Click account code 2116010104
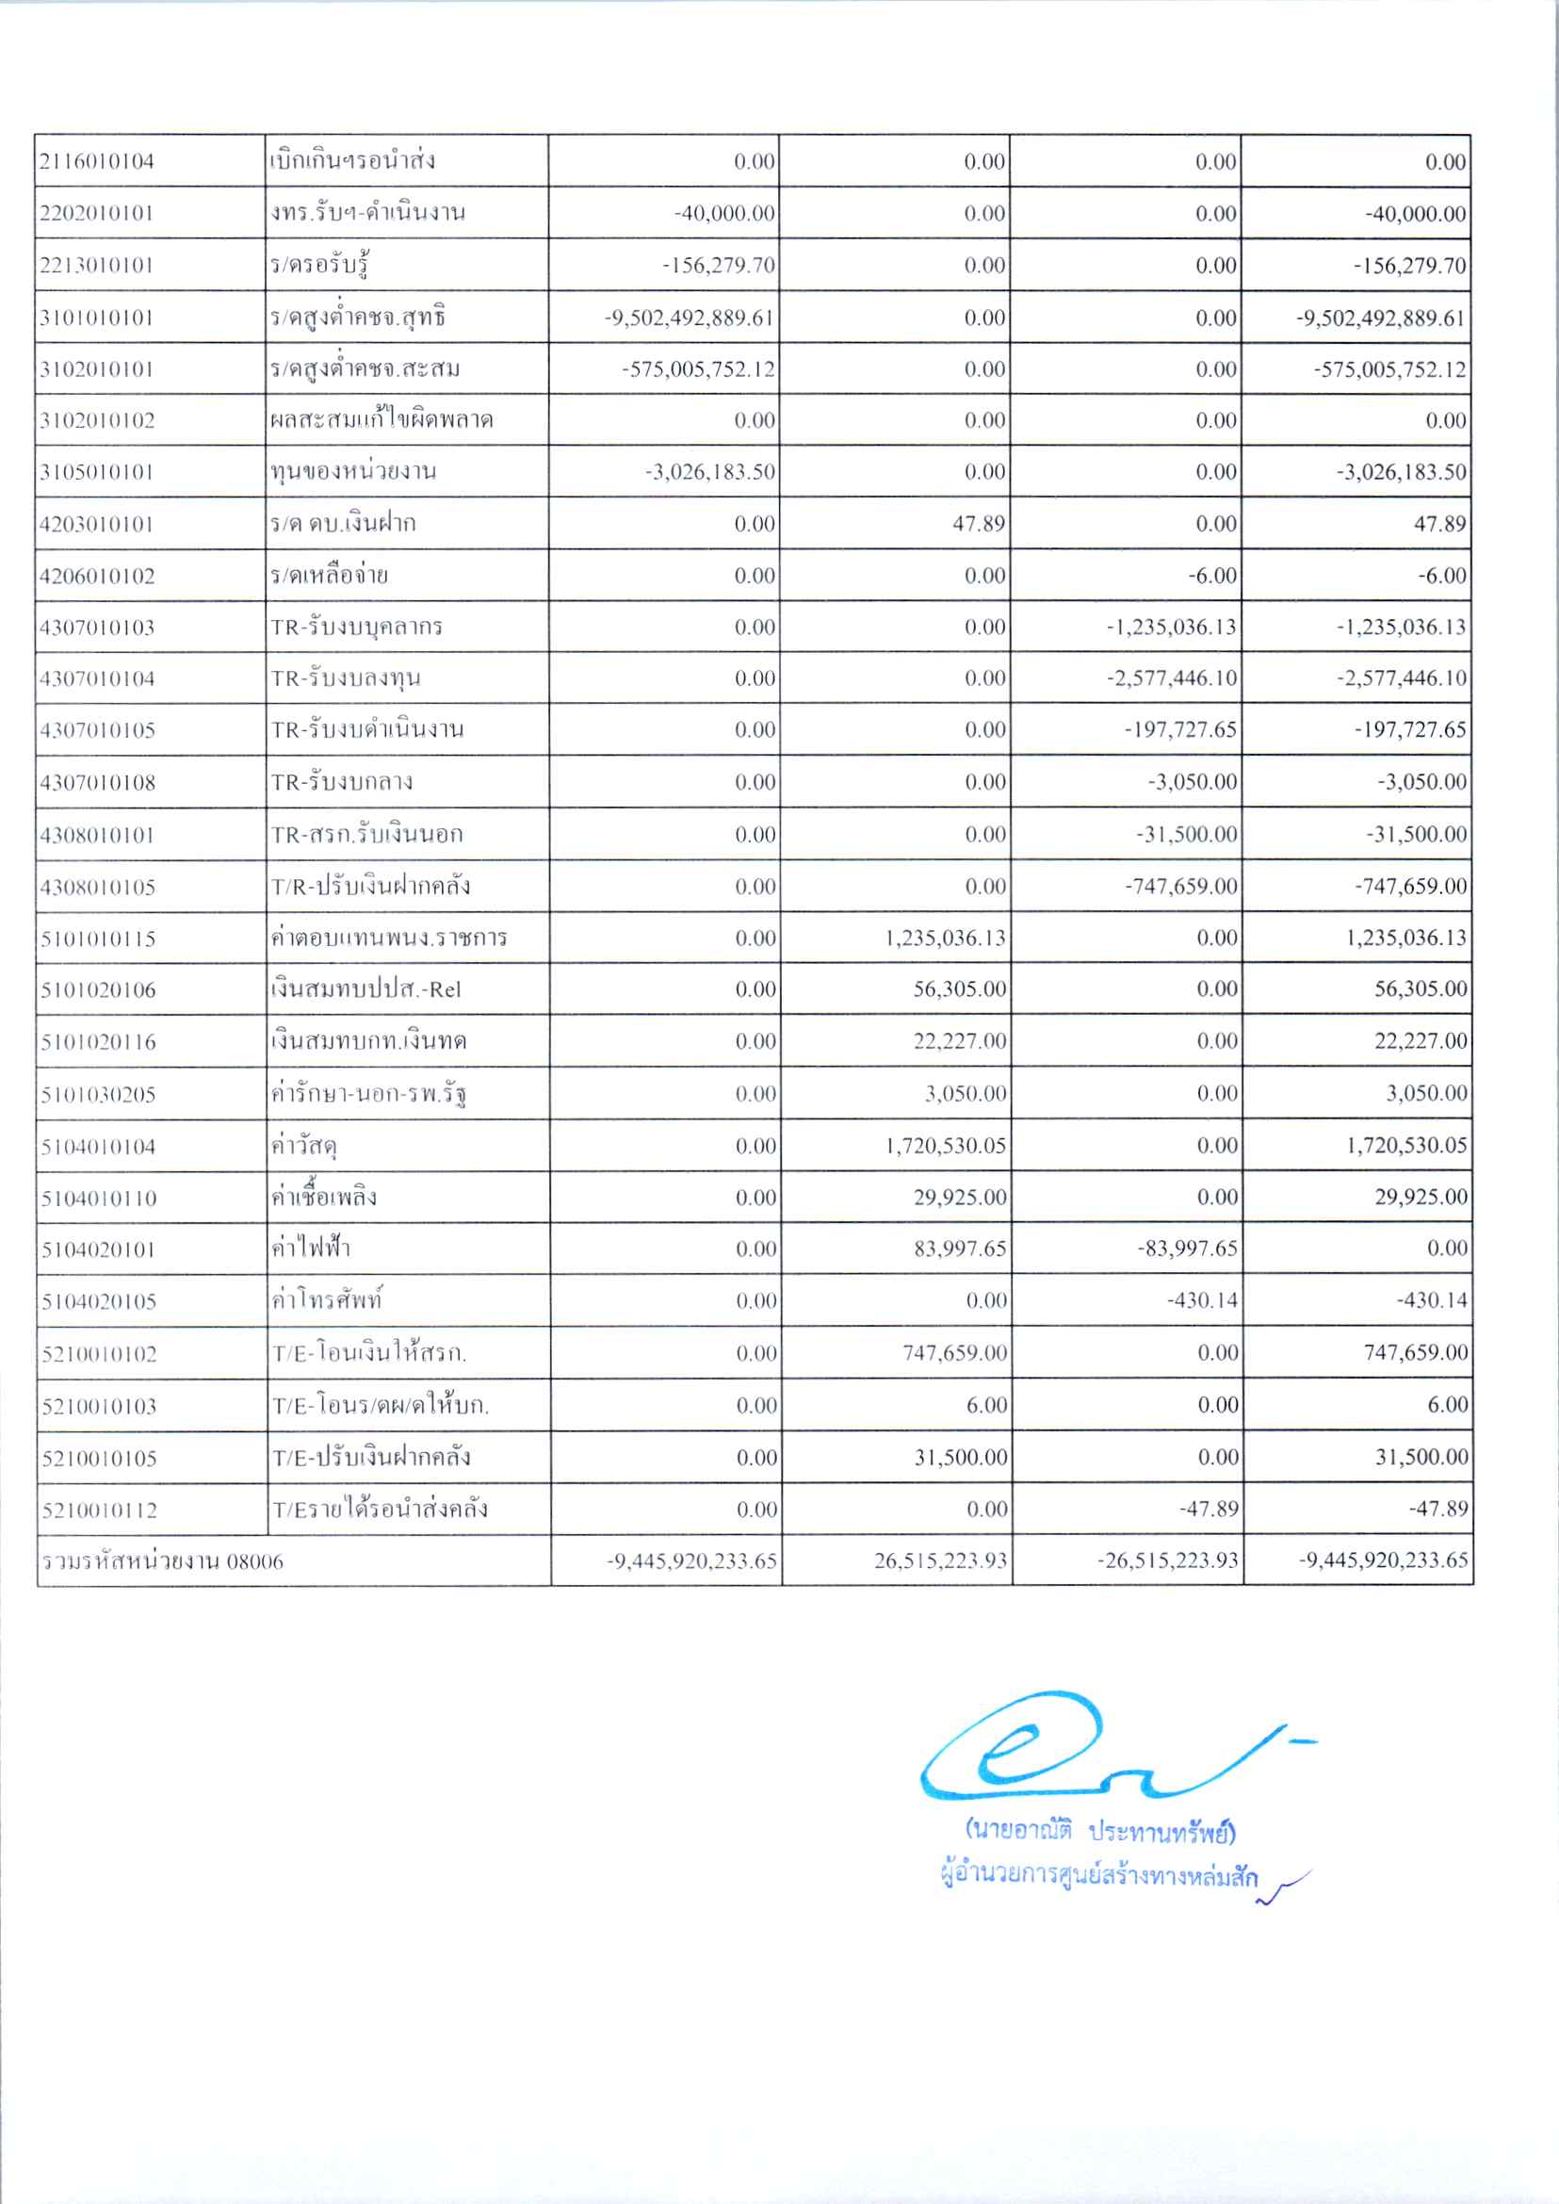tap(97, 161)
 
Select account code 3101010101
tap(97, 318)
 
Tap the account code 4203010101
tap(97, 524)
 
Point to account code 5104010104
tap(98, 1147)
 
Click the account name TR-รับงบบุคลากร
tap(356, 628)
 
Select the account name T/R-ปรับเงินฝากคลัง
tap(370, 886)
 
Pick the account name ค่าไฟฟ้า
tap(311, 1249)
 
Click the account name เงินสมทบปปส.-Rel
tap(366, 989)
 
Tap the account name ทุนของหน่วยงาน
tap(353, 471)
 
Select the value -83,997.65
tap(1188, 1249)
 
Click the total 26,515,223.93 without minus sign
tap(941, 1560)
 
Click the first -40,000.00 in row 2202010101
tap(723, 213)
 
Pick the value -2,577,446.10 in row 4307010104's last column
tap(1403, 678)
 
